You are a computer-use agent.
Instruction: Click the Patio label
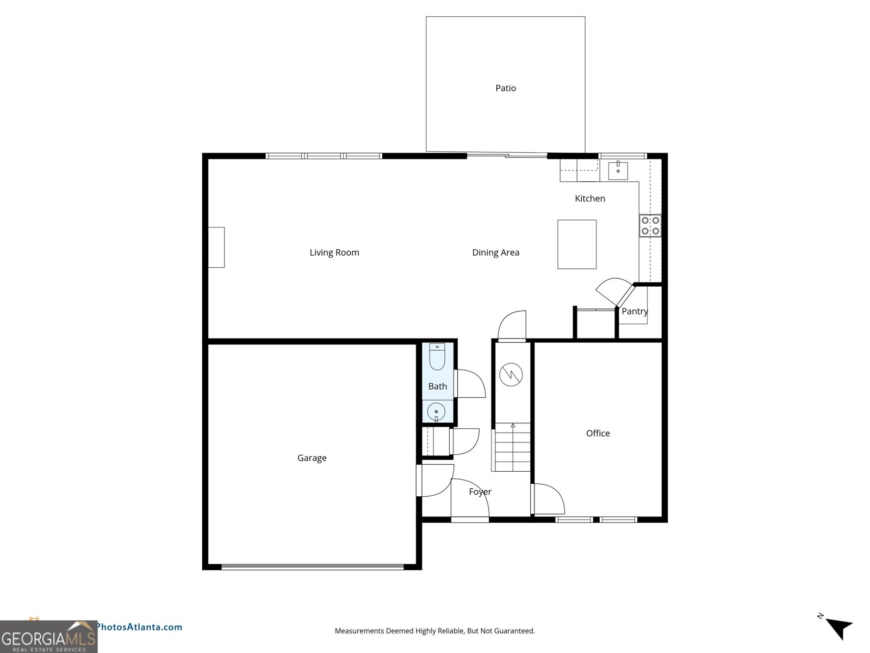coord(505,88)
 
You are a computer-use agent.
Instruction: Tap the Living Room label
coord(334,252)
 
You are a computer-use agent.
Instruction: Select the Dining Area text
coord(495,252)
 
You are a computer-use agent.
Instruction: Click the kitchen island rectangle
coord(576,244)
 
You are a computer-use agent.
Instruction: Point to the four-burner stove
coord(650,226)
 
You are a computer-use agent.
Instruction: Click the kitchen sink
coord(618,171)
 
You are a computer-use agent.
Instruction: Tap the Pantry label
coord(635,311)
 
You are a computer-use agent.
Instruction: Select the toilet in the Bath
coord(437,357)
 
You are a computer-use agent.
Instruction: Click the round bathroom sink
coord(436,412)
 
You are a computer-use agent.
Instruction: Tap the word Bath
coord(437,386)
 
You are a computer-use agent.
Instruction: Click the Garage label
coord(312,458)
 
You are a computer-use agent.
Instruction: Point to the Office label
coord(598,434)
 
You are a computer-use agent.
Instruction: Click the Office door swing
coord(548,499)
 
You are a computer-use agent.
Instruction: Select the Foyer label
coord(480,492)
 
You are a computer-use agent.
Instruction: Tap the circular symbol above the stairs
coord(511,374)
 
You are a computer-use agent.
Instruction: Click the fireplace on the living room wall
coord(216,248)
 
